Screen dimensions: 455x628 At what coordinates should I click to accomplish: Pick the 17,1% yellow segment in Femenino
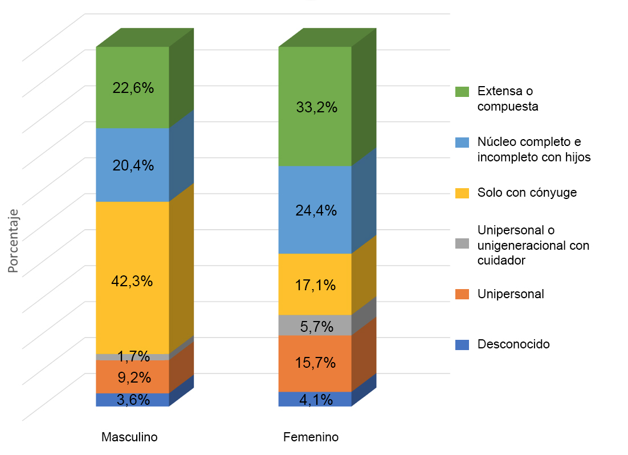(x=315, y=296)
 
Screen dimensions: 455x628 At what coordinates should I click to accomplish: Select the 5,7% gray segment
(x=315, y=326)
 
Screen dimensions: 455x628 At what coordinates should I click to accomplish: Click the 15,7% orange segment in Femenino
(x=315, y=363)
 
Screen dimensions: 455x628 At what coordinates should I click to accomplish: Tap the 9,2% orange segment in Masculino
(x=132, y=377)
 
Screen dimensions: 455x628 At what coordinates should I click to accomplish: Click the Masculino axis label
(x=129, y=437)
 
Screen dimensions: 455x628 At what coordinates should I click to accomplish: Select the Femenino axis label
(x=311, y=437)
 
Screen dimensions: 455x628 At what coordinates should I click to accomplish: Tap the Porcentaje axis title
(x=14, y=242)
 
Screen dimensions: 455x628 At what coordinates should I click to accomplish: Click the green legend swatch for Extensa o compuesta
(x=462, y=92)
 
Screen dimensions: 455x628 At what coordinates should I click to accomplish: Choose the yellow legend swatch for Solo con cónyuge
(x=462, y=193)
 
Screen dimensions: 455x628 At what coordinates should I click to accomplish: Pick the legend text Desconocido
(x=513, y=344)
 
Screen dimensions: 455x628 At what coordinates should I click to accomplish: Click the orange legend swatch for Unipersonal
(x=462, y=295)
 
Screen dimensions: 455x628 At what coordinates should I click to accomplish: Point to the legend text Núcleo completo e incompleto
(x=534, y=149)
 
